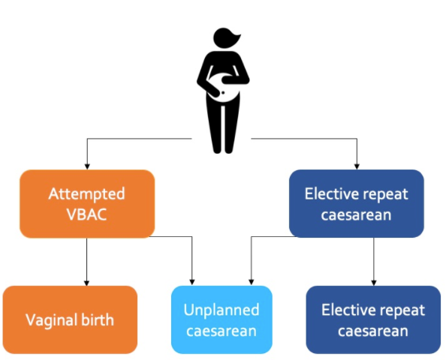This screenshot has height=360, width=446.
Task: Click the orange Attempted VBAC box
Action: (87, 204)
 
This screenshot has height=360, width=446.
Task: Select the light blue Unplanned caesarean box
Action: (221, 319)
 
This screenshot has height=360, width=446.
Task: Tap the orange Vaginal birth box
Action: (70, 319)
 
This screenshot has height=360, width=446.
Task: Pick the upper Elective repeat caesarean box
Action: (357, 203)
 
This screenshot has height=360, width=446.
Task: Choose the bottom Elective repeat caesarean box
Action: (373, 319)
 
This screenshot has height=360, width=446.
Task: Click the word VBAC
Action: (87, 214)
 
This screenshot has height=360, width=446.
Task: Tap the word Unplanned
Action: (221, 310)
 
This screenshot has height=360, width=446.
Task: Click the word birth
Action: (98, 319)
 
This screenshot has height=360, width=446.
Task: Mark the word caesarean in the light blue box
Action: (221, 331)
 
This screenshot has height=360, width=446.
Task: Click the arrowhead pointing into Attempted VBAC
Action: (87, 166)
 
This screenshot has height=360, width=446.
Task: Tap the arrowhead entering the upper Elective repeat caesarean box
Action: (357, 166)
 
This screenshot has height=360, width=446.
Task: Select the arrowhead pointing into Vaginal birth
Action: (87, 283)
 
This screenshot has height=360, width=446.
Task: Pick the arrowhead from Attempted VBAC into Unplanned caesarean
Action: (192, 282)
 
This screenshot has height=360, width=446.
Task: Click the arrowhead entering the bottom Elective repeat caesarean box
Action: (374, 283)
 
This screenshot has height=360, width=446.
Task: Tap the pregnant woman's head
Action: (223, 37)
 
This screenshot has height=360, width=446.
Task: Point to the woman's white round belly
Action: (224, 88)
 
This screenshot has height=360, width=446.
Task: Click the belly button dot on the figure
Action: (223, 93)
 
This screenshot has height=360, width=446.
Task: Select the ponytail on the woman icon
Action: (236, 39)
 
